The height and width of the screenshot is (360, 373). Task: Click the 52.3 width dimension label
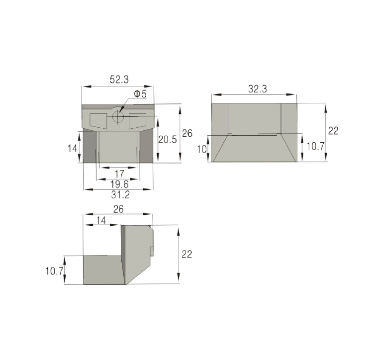click(119, 80)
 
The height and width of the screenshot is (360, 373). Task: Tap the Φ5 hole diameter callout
click(140, 94)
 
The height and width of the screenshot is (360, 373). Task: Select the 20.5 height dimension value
click(168, 140)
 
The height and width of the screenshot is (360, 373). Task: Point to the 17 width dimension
click(119, 174)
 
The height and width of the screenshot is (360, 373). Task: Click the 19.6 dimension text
click(119, 184)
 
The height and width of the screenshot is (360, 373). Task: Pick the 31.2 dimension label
click(120, 195)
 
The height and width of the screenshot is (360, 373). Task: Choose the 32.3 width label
click(258, 89)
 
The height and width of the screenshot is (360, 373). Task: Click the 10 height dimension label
click(202, 149)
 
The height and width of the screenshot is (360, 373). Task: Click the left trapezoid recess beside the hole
click(98, 121)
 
